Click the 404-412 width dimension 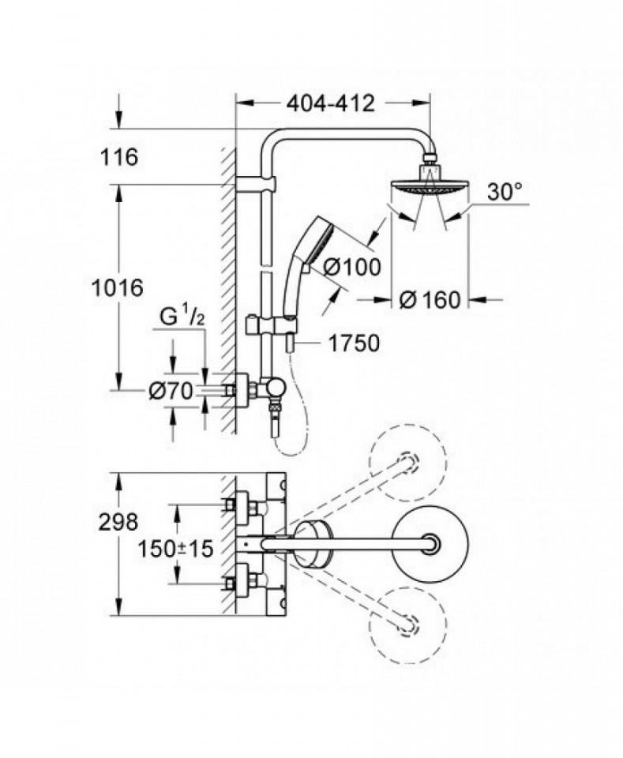point(331,103)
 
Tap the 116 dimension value point(119,157)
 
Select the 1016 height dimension point(118,287)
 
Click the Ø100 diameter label point(352,266)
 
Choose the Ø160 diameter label point(430,300)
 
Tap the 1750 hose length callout point(354,343)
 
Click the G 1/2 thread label point(182,317)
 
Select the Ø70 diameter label point(171,391)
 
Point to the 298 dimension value point(118,522)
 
